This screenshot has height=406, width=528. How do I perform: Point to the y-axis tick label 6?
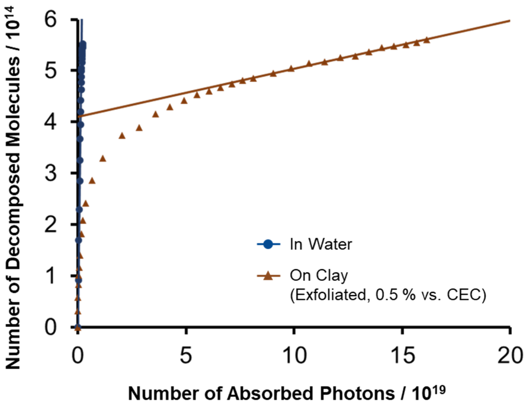click(51, 20)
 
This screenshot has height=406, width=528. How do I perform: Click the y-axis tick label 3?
click(51, 174)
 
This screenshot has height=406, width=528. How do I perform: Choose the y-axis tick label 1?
click(51, 276)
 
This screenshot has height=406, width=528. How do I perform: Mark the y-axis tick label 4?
click(51, 122)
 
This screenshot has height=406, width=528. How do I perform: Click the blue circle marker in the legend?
click(268, 244)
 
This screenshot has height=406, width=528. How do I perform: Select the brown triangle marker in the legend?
click(268, 276)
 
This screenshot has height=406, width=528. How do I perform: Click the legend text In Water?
click(321, 244)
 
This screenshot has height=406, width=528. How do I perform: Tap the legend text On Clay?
click(319, 276)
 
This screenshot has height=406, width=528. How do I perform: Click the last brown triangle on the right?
click(427, 40)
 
